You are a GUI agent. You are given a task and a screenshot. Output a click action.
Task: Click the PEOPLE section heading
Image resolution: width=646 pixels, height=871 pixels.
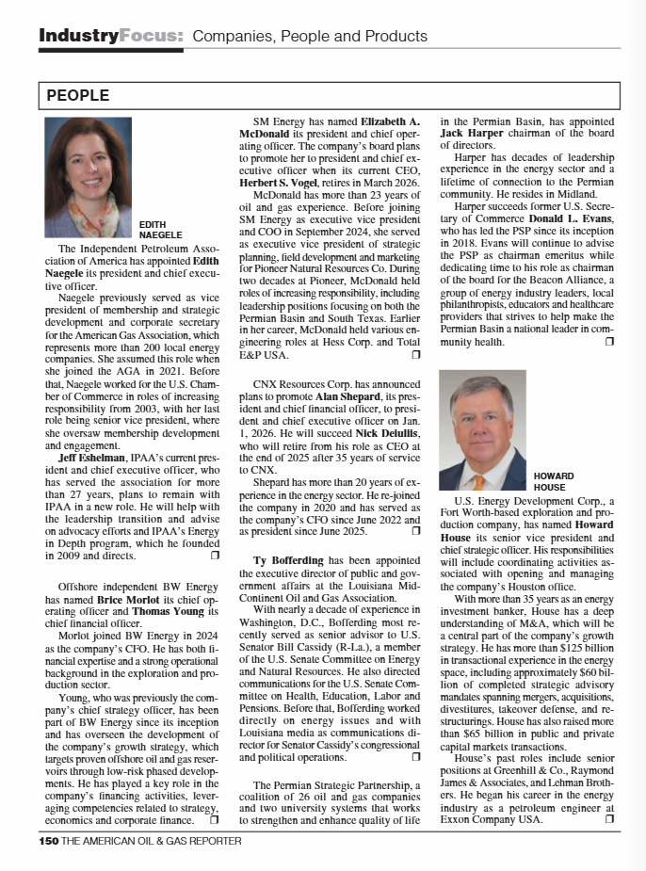[x=78, y=96]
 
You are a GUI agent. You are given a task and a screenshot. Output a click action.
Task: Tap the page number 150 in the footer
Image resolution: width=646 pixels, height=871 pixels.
[x=49, y=841]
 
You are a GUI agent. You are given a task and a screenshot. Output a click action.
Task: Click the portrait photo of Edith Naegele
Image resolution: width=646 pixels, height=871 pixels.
[x=89, y=177]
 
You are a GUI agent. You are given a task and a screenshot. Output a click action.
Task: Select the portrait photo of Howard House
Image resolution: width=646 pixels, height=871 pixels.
[x=482, y=430]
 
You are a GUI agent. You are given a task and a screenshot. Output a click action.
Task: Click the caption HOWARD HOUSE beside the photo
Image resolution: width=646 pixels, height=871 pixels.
[x=554, y=481]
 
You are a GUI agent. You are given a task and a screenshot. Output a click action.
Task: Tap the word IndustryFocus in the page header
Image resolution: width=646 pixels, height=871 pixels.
[x=110, y=37]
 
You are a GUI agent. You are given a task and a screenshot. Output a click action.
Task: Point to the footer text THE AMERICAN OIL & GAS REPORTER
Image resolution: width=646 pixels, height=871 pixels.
[x=152, y=841]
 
